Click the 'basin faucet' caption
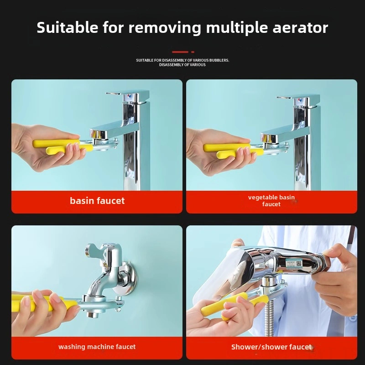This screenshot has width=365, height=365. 97,201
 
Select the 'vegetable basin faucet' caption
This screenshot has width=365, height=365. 271,201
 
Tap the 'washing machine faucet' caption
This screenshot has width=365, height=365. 97,347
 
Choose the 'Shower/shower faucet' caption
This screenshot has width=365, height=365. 271,347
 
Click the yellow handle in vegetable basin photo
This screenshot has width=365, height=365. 224,148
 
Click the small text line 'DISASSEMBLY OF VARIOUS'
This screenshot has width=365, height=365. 182,65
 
